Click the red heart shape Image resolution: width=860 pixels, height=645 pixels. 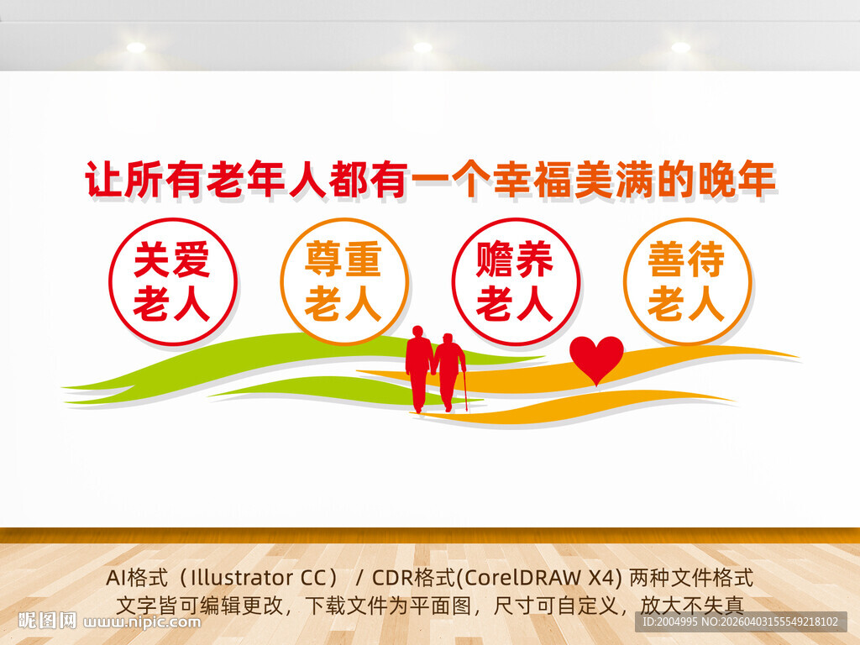tap(596, 358)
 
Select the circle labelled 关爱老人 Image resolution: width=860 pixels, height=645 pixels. tap(172, 282)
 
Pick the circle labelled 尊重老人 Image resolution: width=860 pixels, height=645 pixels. tap(343, 282)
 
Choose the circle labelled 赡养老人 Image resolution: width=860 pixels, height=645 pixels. tap(515, 282)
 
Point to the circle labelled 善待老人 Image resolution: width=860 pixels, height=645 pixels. tap(686, 282)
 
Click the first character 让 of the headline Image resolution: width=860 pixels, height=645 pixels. tap(104, 181)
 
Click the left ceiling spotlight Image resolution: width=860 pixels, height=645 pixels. tap(136, 48)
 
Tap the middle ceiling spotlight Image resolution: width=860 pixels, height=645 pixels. tap(422, 48)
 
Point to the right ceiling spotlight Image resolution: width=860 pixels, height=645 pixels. tap(680, 48)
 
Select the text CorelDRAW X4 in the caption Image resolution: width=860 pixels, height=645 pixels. tap(546, 578)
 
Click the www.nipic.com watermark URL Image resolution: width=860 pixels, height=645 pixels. tap(143, 622)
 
